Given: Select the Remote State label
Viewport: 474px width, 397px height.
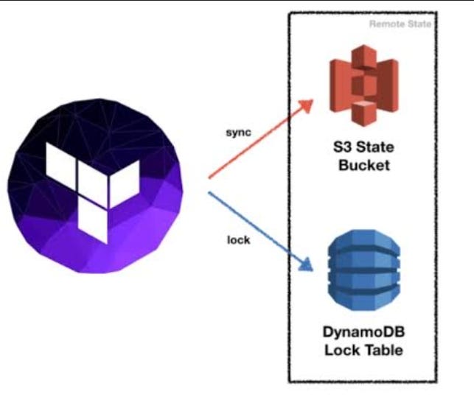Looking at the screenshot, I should point(401,24).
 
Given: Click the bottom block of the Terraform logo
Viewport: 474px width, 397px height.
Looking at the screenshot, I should point(94,222).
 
